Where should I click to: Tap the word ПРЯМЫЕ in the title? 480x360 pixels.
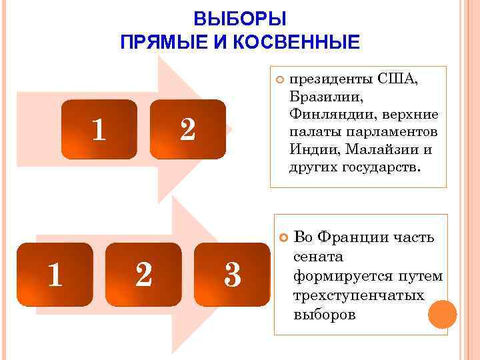(158, 43)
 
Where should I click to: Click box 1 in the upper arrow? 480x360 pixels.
(99, 129)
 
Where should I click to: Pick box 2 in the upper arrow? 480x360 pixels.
(188, 129)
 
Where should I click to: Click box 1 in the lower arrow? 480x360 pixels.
(55, 274)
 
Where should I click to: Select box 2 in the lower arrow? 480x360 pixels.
(143, 274)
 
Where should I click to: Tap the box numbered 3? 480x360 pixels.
(232, 274)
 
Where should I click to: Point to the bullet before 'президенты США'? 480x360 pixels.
(280, 80)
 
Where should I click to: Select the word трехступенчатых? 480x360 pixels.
(359, 294)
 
